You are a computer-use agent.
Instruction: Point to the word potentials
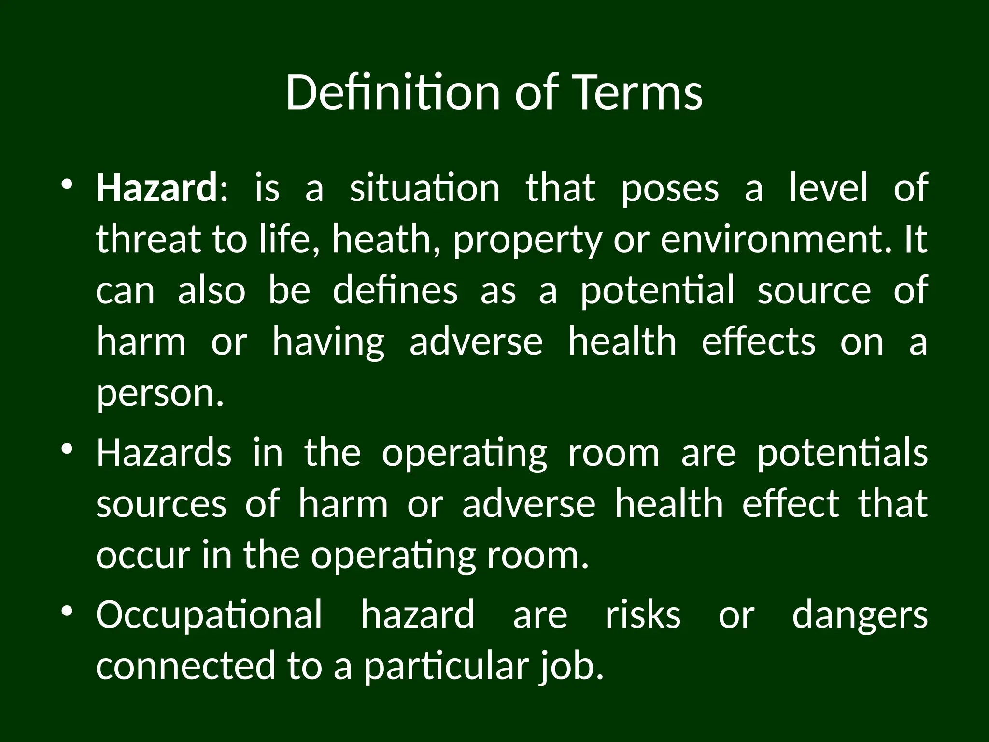[x=842, y=454]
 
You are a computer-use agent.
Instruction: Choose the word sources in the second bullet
[x=161, y=504]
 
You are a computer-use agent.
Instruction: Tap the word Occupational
[x=209, y=616]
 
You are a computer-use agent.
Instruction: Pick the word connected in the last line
[x=185, y=666]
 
